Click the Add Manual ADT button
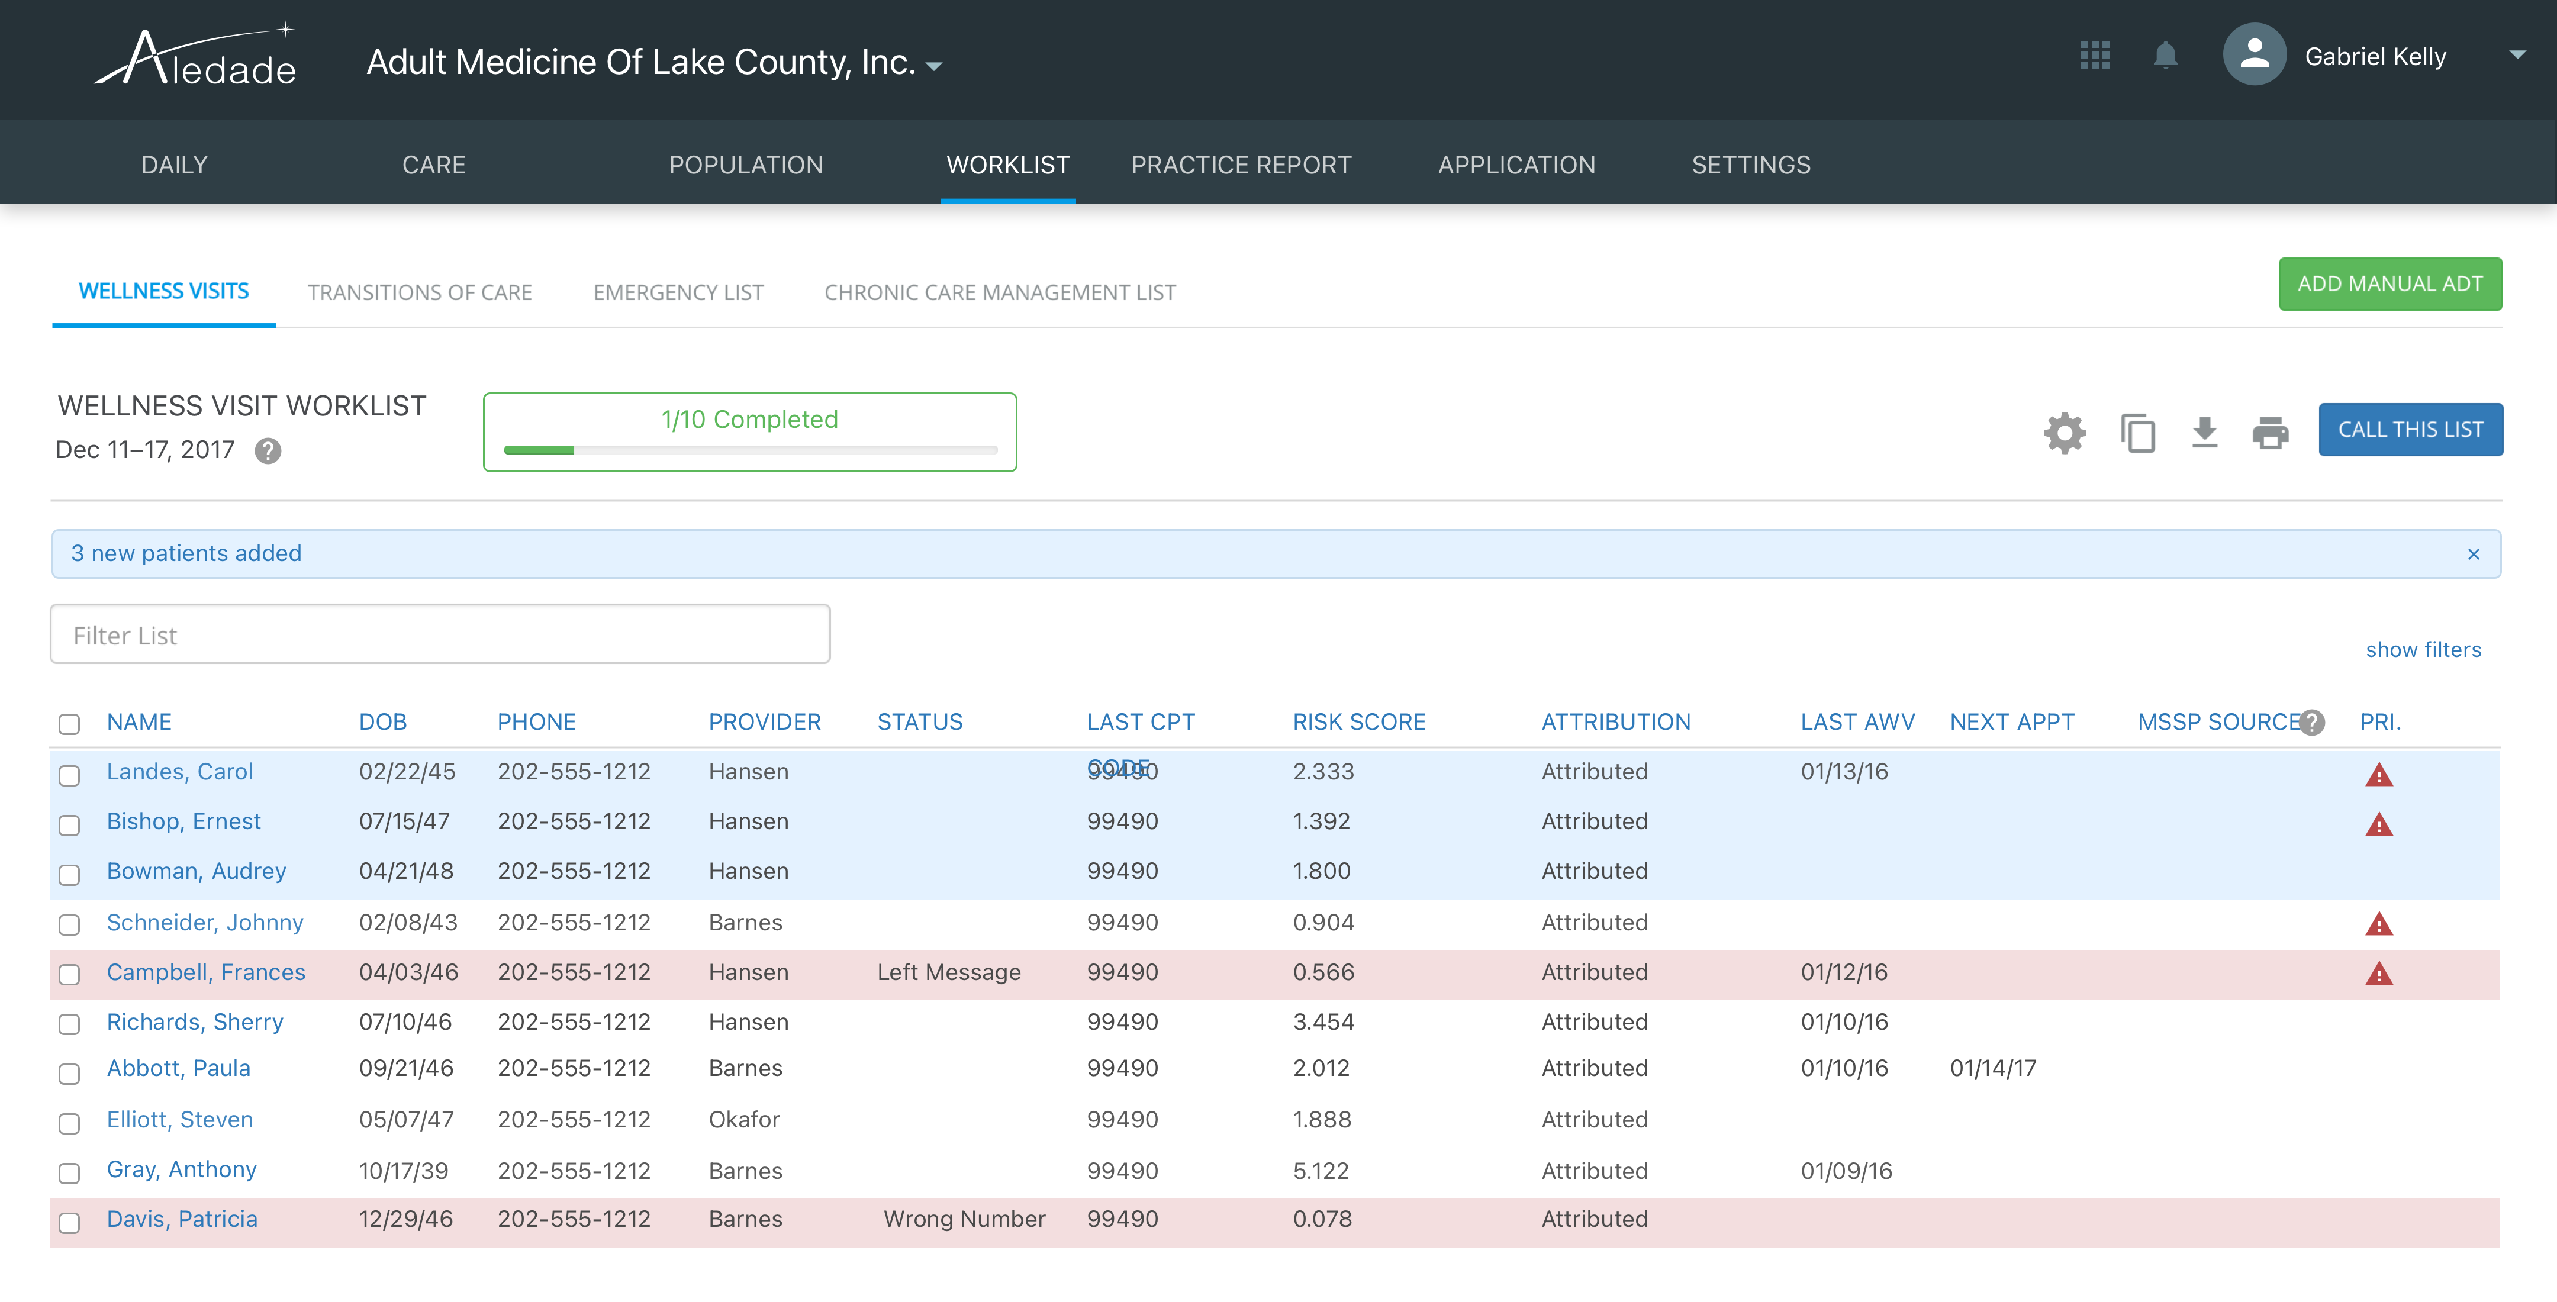2389,284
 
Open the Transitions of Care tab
420,293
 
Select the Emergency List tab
678,293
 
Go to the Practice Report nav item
1241,165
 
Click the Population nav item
745,165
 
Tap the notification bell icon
2165,56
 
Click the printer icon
2270,433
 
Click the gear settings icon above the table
2065,433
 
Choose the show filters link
2423,650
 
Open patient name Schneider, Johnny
204,923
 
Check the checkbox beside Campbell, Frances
69,975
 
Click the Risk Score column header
1358,723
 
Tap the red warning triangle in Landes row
2378,775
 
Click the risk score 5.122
1320,1171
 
